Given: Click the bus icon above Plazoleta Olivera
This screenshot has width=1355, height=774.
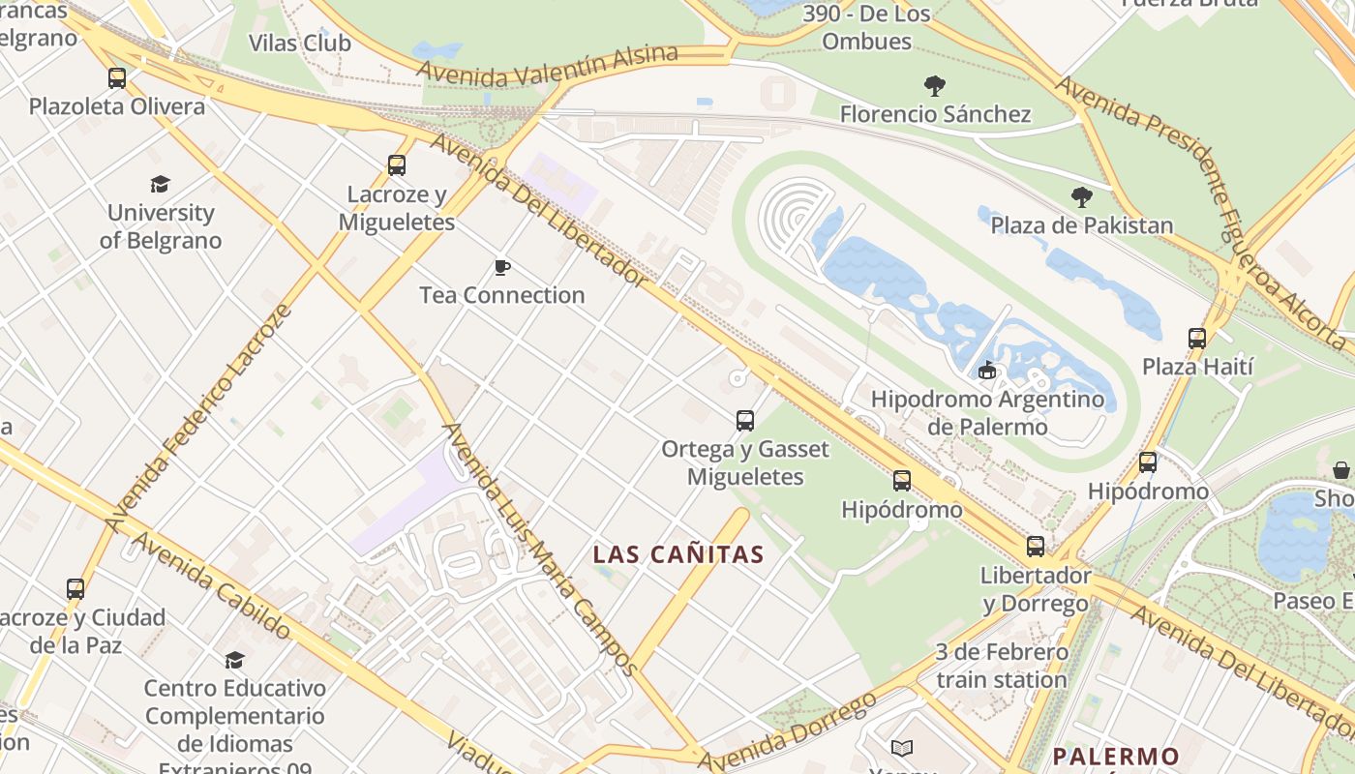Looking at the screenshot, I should (x=117, y=78).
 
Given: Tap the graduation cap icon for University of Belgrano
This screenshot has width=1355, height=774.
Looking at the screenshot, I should (x=161, y=184).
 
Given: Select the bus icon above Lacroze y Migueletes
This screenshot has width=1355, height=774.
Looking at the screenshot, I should (x=397, y=165).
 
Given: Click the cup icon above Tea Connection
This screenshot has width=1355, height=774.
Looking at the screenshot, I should (x=501, y=267).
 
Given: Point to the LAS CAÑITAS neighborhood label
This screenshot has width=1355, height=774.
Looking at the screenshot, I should (x=678, y=555).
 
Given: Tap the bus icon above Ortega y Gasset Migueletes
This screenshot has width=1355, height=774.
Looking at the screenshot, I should (x=744, y=421).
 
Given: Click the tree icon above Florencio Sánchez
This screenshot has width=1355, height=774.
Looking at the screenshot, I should (x=934, y=86).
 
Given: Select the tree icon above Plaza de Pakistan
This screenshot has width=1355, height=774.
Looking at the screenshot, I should (x=1082, y=197).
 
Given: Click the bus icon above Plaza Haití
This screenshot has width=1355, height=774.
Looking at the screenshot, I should (x=1197, y=339).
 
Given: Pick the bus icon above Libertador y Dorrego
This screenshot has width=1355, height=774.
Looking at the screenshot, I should (x=1036, y=547).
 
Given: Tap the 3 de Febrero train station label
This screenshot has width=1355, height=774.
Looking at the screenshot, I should (x=1001, y=666).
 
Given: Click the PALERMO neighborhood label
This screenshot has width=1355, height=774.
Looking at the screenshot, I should (x=1116, y=756).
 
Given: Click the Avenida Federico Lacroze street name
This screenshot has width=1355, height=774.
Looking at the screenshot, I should (x=199, y=418).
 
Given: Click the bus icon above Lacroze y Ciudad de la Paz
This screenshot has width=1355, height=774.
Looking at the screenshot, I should (x=75, y=588).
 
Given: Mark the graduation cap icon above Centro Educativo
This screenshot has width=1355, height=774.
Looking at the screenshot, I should (x=234, y=660).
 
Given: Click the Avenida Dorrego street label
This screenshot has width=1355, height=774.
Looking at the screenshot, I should (x=786, y=732).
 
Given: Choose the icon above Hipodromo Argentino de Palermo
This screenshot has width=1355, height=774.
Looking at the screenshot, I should (x=987, y=370).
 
